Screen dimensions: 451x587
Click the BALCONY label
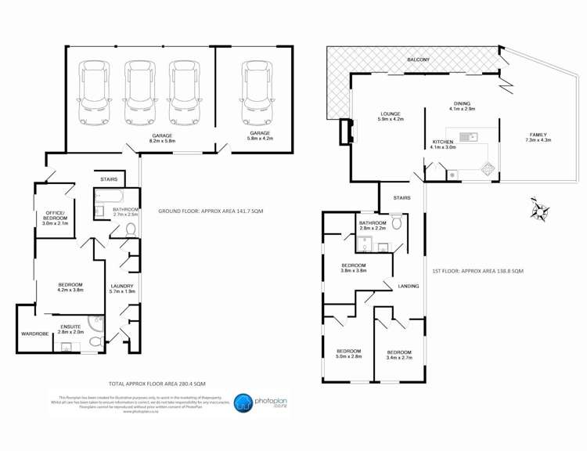[418, 60]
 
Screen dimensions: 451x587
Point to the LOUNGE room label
[391, 115]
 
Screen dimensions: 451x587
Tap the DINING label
[463, 105]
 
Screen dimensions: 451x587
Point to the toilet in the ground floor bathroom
[130, 230]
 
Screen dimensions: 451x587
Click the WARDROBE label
[35, 334]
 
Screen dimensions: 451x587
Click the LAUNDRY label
[123, 287]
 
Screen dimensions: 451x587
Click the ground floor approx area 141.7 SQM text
[211, 211]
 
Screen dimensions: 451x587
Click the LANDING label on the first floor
[409, 287]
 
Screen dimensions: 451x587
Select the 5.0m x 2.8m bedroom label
[348, 353]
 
